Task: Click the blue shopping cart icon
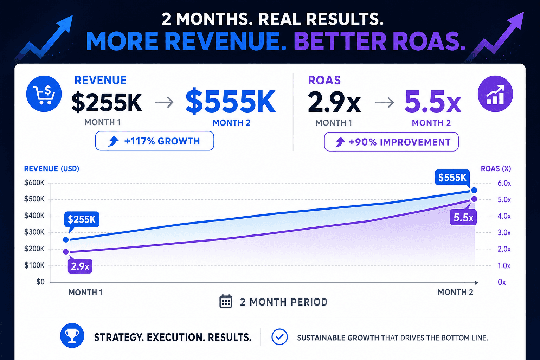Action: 44,94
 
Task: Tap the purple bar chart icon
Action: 495,94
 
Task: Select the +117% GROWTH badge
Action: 155,141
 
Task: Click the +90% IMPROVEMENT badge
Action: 391,142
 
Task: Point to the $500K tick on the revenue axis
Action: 34,199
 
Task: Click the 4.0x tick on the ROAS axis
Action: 504,216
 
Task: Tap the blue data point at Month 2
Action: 474,190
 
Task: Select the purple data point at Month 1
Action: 66,252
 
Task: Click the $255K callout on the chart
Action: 82,219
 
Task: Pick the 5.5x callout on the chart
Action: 463,218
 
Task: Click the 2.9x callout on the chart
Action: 80,266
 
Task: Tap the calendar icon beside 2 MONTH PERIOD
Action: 226,301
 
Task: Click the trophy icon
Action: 72,335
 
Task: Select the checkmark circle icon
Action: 279,337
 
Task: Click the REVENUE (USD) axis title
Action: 52,168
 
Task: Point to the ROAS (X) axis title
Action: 496,168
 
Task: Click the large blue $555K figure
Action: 231,102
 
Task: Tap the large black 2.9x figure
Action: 334,102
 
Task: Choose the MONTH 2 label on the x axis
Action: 455,292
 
